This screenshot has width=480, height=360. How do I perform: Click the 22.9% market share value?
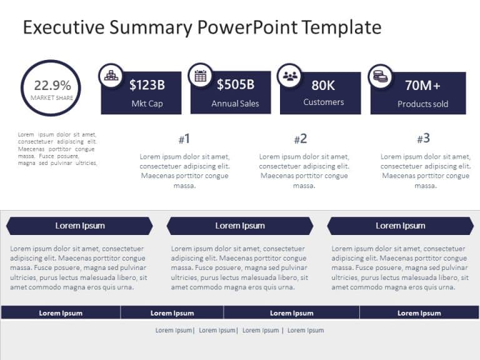52,86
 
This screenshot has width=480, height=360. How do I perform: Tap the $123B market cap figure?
147,85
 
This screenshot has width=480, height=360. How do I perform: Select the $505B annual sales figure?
236,84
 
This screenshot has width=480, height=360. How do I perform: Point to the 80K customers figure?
323,85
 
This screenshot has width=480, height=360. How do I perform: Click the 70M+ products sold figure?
422,85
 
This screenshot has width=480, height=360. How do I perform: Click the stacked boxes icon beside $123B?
111,76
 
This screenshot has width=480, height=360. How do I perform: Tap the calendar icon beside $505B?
201,76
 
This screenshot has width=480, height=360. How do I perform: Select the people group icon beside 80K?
289,76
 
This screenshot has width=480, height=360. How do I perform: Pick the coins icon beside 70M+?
380,76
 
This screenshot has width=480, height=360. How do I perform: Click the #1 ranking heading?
184,139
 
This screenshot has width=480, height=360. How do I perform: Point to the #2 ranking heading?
301,139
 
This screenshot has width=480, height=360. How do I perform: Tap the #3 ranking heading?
423,139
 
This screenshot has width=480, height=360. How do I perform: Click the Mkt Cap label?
147,104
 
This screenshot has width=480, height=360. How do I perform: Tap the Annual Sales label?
235,104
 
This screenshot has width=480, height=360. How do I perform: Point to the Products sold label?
422,104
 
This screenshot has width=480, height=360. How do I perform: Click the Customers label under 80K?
323,102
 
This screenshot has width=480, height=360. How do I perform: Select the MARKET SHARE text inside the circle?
52,98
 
